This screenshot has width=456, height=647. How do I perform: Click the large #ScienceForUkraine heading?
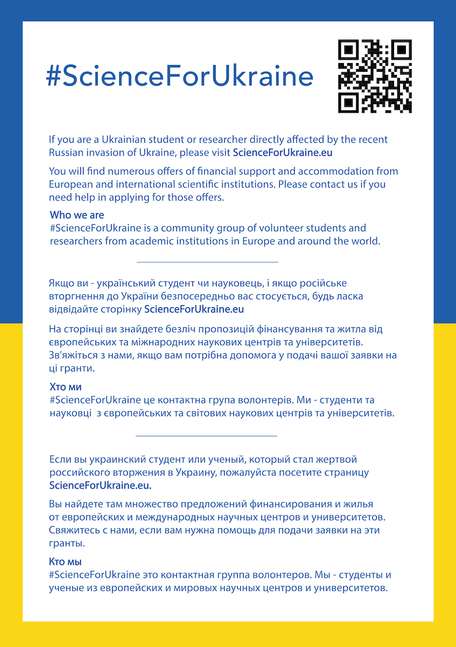(x=179, y=77)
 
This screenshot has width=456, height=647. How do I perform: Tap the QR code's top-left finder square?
(x=349, y=51)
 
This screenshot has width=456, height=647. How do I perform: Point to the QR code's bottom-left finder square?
(x=349, y=102)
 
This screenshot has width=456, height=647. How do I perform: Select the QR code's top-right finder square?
(x=400, y=51)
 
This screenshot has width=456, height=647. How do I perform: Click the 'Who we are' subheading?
(x=77, y=215)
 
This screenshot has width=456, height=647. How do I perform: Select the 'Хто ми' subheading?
(x=65, y=387)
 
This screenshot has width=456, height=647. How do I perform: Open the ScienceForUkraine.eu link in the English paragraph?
(x=282, y=153)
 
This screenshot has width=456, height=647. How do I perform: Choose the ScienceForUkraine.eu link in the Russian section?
(x=100, y=485)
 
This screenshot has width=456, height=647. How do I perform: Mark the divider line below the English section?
(x=208, y=262)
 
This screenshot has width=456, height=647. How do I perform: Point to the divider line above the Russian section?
(x=206, y=435)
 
